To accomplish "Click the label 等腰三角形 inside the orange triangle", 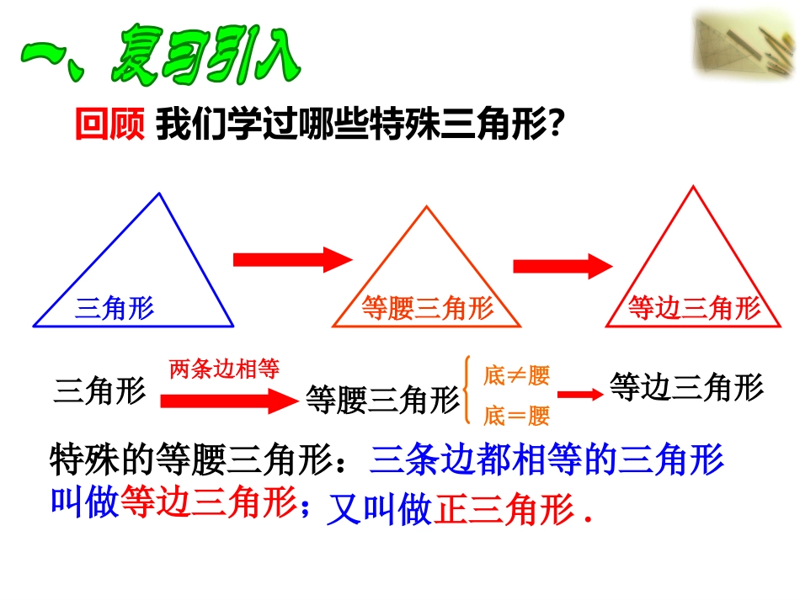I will coord(427,309).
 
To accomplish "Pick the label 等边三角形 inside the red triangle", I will coord(694,309).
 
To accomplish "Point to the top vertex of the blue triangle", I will coord(159,194).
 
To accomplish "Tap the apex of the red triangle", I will coord(692,187).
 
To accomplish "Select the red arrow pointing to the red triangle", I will coord(561,266).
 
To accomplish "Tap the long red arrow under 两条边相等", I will coord(224,401).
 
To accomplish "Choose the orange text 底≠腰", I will coord(516,375).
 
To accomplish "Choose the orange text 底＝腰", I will coord(516,415).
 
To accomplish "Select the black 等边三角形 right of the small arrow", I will coord(685,387).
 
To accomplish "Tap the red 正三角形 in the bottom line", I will coord(503,511).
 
